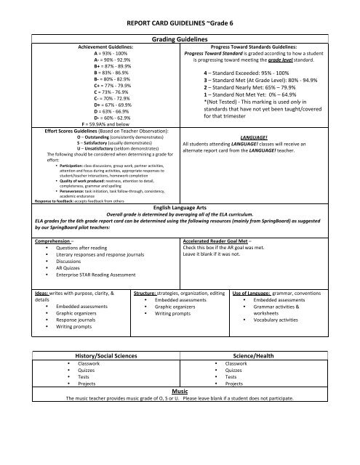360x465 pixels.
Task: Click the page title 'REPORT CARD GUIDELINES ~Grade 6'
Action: coord(180,23)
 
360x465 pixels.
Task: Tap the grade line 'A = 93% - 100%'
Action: coord(108,54)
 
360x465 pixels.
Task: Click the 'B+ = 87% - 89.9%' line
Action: coord(108,66)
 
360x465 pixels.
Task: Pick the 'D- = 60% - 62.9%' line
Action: coord(108,116)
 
